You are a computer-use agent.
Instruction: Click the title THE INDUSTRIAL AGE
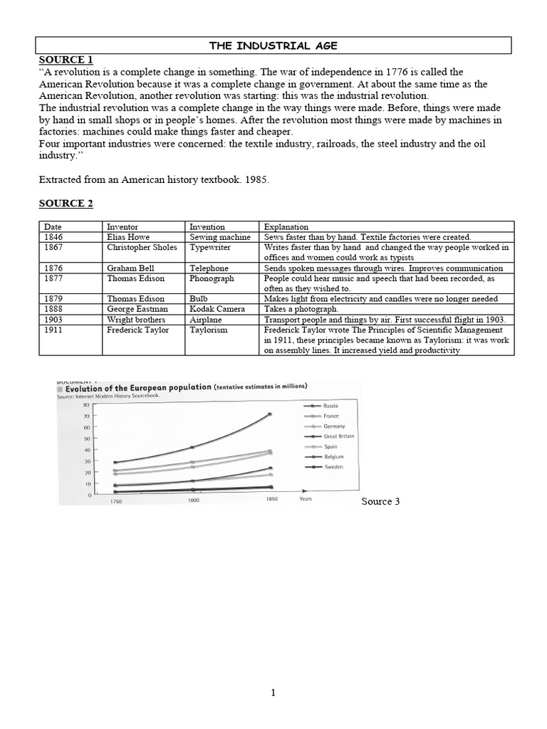point(273,46)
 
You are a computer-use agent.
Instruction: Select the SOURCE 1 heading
point(66,59)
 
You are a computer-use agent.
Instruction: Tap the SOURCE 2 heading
point(66,204)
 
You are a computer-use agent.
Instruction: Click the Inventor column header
point(123,227)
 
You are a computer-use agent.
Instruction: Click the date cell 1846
point(54,237)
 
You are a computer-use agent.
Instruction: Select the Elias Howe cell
point(128,237)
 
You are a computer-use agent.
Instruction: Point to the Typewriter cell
point(209,247)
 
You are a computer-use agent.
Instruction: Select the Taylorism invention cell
point(208,330)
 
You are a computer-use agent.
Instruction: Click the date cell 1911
point(54,330)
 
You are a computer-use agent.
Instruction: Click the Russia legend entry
point(331,404)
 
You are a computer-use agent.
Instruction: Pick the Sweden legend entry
point(333,466)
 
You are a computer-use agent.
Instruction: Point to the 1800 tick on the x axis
point(192,500)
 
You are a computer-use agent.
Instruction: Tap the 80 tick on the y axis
point(87,404)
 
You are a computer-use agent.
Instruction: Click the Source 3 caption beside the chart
point(380,501)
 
